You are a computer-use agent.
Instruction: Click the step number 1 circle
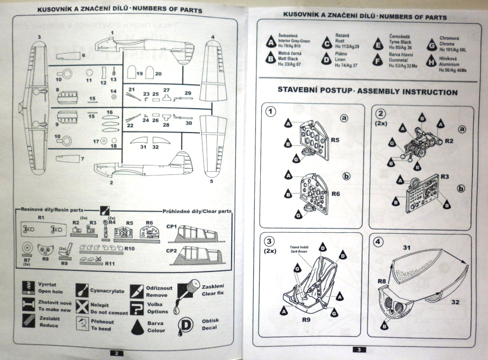point(271,112)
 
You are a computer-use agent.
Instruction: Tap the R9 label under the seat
point(305,320)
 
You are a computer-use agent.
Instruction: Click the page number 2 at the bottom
point(117,353)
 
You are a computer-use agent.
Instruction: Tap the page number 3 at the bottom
point(358,350)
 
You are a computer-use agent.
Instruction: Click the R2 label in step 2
point(448,141)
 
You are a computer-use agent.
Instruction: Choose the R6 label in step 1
point(335,195)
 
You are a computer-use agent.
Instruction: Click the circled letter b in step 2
point(460,188)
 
